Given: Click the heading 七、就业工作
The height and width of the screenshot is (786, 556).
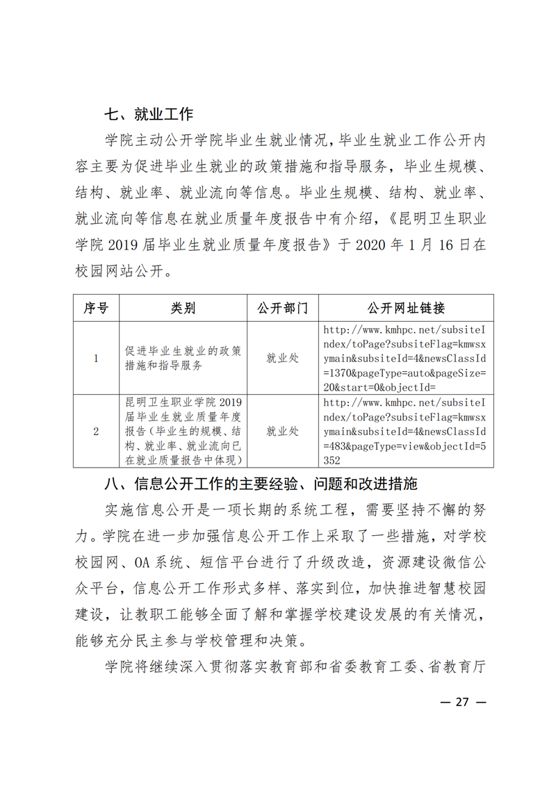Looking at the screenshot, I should (148, 115).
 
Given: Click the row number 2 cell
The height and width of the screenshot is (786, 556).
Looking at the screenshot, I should (96, 431).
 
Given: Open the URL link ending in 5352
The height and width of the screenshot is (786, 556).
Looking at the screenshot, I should (405, 431).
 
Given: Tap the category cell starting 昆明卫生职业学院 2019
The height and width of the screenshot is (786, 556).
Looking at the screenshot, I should (183, 431).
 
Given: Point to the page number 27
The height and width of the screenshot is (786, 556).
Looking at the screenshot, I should (463, 702).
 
